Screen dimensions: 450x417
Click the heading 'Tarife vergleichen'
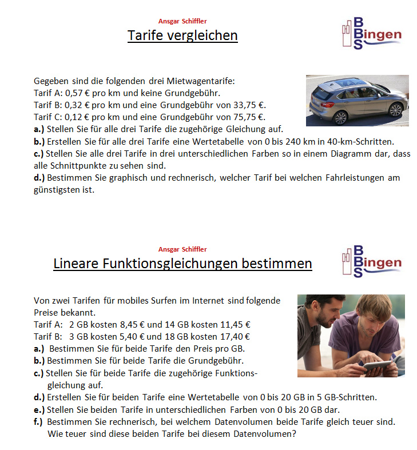(x=182, y=36)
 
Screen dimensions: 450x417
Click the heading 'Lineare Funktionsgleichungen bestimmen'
(x=182, y=264)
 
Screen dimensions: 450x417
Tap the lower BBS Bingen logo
(x=371, y=262)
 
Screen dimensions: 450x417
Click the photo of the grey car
(x=357, y=101)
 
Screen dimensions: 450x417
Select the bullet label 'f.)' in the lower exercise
(x=38, y=421)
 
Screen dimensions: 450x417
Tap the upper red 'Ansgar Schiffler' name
(x=182, y=21)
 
